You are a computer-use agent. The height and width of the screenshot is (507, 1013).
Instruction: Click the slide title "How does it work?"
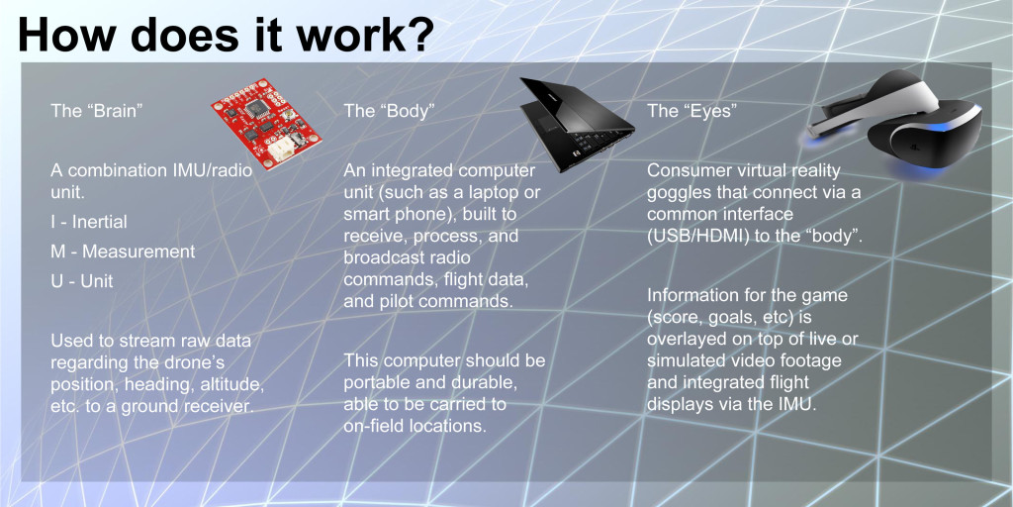pyautogui.click(x=227, y=34)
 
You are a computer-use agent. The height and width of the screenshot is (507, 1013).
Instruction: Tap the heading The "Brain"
pyautogui.click(x=96, y=111)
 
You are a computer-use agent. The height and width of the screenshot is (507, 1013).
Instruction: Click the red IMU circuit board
pyautogui.click(x=266, y=124)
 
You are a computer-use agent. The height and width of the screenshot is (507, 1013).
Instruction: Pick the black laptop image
pyautogui.click(x=575, y=123)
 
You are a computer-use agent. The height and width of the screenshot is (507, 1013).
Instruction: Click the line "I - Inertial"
pyautogui.click(x=89, y=222)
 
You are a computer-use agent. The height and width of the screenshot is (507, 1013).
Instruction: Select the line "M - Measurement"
pyautogui.click(x=123, y=251)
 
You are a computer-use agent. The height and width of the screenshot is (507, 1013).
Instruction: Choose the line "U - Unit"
pyautogui.click(x=82, y=280)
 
